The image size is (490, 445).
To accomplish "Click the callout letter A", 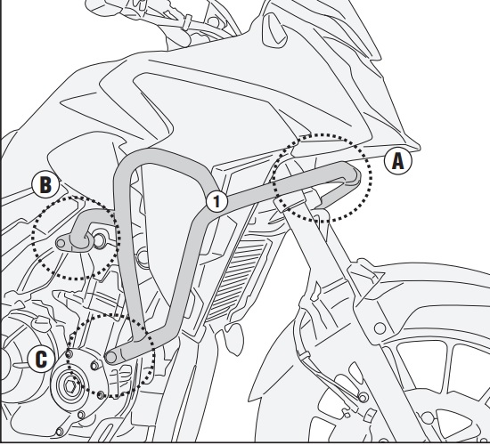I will pos(397,162).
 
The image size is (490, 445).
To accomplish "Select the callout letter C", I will pos(41,359).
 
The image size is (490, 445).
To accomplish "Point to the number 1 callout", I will pos(215,200).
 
